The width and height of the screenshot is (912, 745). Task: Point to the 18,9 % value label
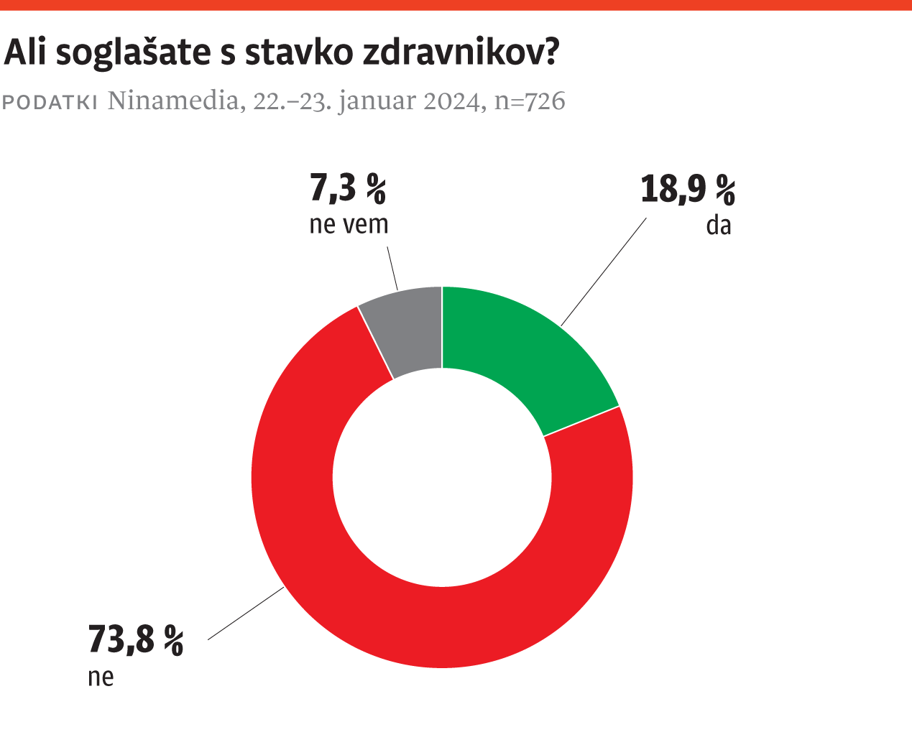(x=688, y=190)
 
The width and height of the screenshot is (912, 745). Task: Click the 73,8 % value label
(x=136, y=639)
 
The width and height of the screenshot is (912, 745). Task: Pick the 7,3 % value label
(x=348, y=189)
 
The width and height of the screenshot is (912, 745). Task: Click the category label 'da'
(x=718, y=226)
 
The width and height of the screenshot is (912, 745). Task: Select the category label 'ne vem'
(x=349, y=224)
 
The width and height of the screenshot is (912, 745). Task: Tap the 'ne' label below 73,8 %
(x=101, y=677)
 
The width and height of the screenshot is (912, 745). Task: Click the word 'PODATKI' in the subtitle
(x=50, y=102)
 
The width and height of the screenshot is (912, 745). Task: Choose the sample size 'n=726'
(x=530, y=101)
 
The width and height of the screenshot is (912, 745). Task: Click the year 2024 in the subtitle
(x=451, y=101)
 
